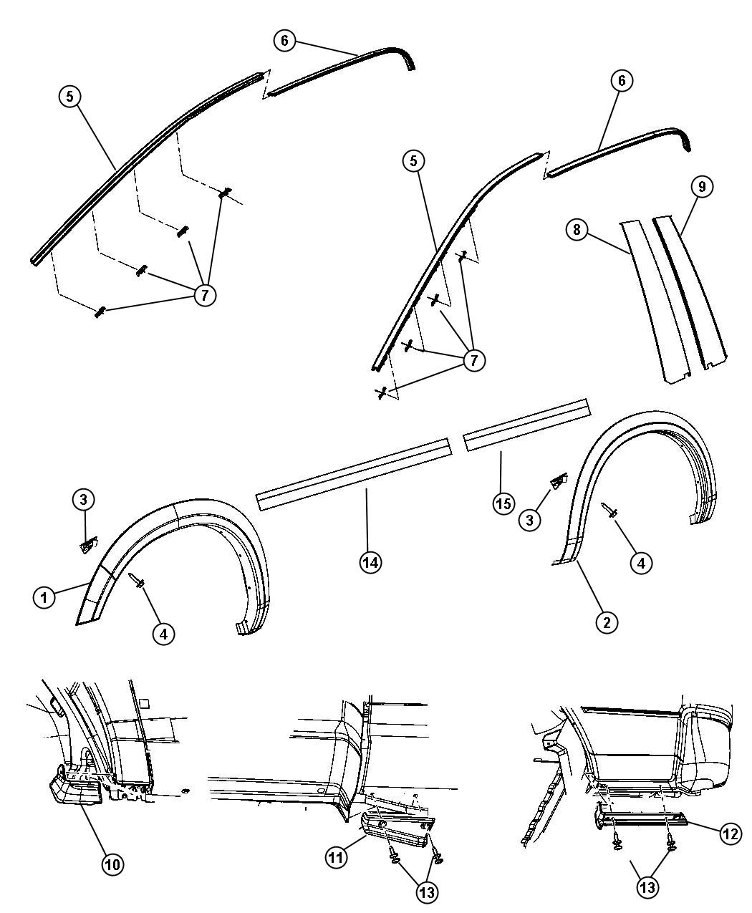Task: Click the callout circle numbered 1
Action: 44,597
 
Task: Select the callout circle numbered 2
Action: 607,622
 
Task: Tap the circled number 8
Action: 577,229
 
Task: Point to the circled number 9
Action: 702,187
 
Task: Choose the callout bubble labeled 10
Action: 113,864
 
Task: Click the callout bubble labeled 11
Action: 336,857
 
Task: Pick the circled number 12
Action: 731,834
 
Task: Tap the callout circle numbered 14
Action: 370,562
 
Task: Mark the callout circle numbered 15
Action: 503,503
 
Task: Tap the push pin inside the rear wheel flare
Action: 609,510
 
